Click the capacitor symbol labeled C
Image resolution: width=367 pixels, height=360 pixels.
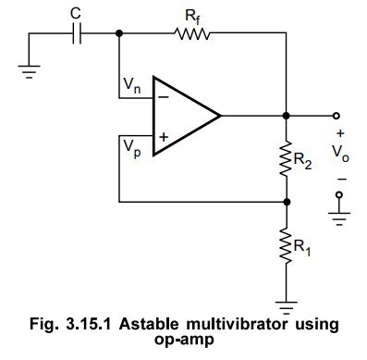[79, 34]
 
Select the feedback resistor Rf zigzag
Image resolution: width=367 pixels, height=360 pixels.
[191, 34]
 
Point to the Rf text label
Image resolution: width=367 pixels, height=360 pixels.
[191, 14]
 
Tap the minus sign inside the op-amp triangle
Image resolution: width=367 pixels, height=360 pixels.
[163, 95]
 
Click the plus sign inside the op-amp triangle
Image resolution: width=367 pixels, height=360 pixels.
[163, 136]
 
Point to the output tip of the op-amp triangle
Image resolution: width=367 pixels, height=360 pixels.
[221, 116]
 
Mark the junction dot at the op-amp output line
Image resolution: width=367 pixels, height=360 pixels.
[287, 116]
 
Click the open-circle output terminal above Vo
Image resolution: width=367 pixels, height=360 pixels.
[338, 116]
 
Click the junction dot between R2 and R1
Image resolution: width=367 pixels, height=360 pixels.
[287, 200]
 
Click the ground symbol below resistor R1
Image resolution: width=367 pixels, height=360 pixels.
[287, 300]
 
